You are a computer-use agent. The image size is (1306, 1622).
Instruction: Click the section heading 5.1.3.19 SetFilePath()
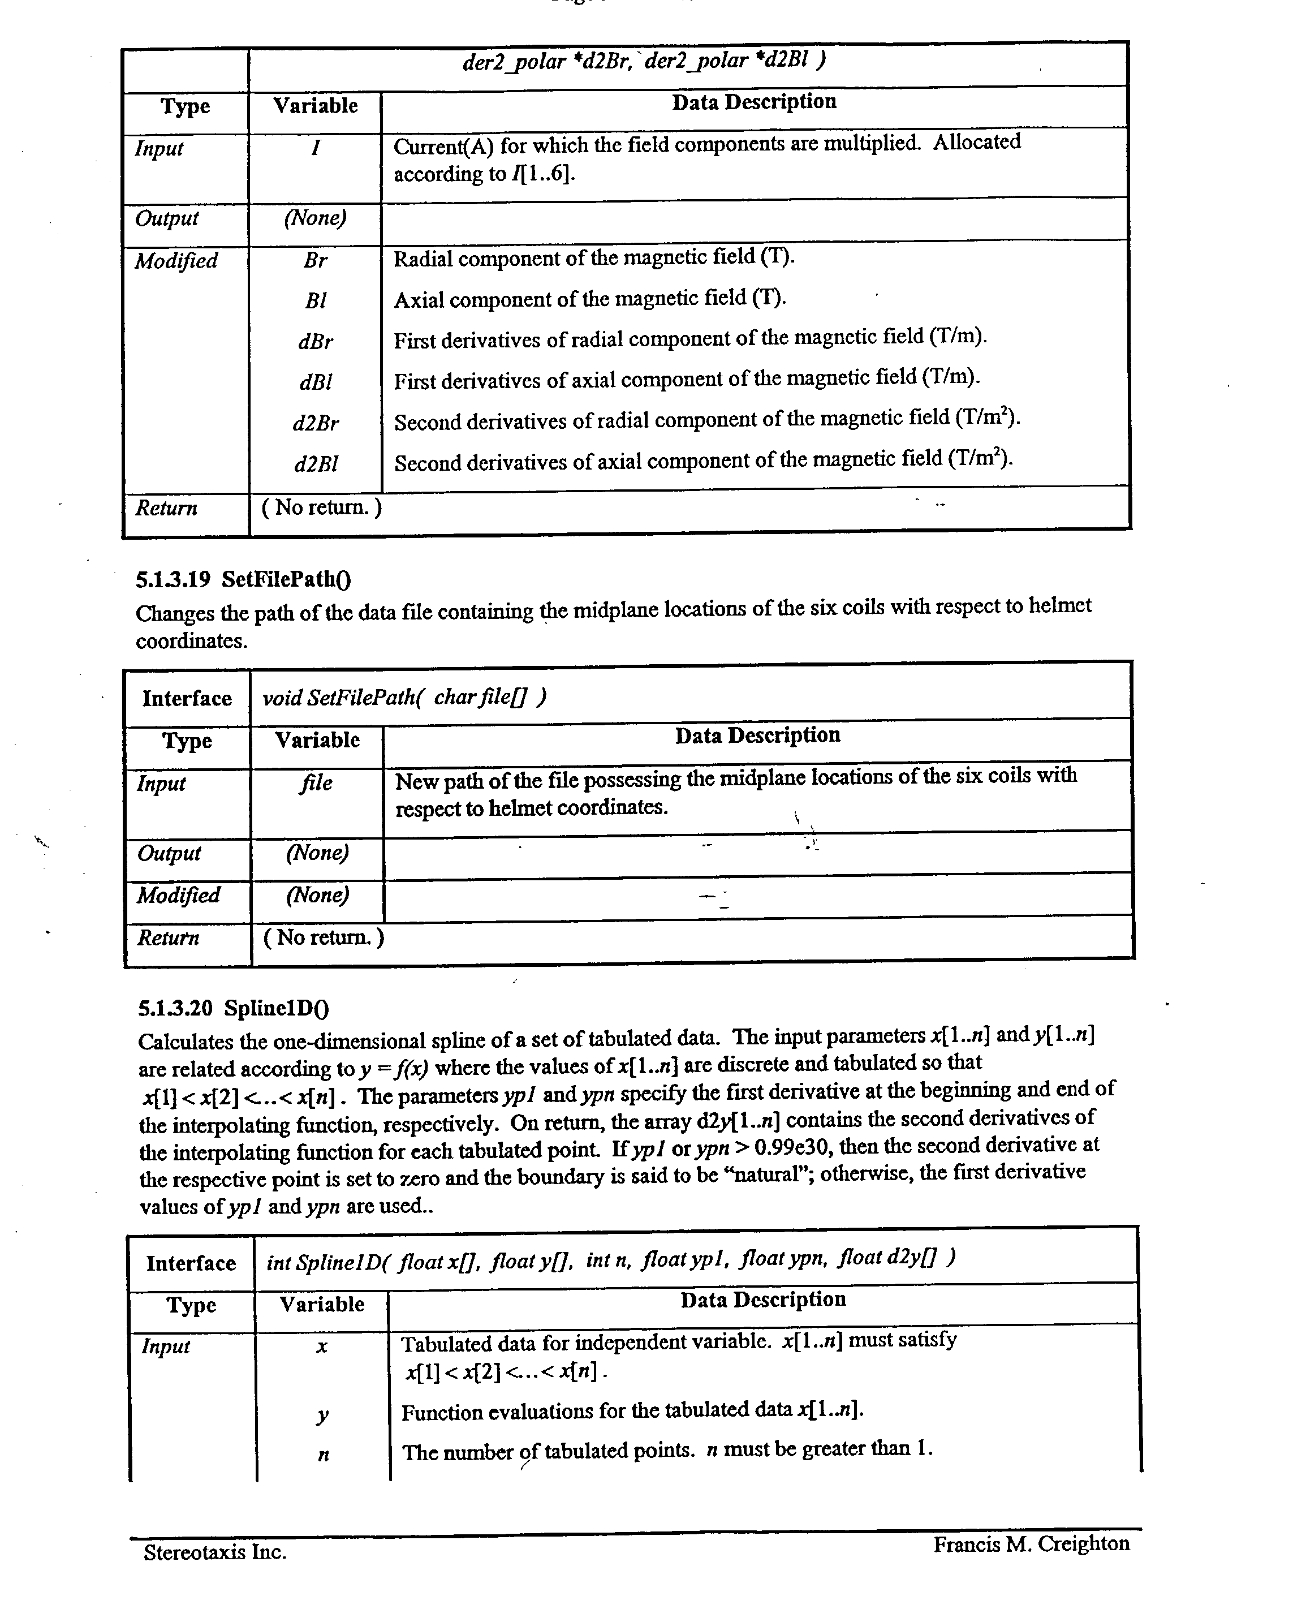tap(244, 579)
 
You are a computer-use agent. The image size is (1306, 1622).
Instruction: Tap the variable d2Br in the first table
tap(315, 424)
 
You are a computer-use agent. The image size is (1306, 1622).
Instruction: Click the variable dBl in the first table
tap(315, 382)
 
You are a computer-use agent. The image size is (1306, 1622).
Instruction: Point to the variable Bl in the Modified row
tap(315, 301)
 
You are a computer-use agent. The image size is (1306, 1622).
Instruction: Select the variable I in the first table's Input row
tap(315, 148)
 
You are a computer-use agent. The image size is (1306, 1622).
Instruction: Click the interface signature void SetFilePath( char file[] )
tap(404, 698)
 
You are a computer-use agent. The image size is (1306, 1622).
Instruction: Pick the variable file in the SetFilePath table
tap(316, 783)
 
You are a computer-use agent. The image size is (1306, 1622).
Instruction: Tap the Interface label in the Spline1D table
tap(191, 1263)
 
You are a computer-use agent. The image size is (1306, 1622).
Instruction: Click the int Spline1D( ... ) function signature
tap(610, 1260)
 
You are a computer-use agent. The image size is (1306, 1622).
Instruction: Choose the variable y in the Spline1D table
tap(322, 1415)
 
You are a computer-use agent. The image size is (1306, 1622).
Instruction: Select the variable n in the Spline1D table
tap(323, 1454)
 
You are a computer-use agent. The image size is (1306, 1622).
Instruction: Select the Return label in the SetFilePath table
tap(168, 938)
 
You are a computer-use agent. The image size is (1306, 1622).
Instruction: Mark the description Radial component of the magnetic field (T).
tap(593, 259)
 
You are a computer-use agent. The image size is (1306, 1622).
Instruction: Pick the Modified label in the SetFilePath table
tap(178, 895)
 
